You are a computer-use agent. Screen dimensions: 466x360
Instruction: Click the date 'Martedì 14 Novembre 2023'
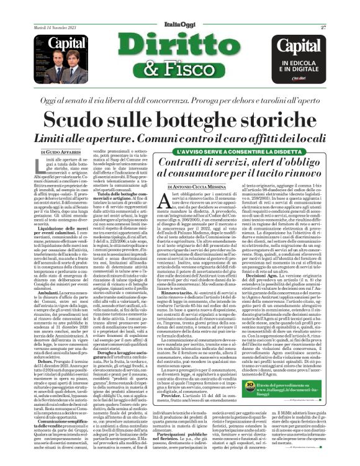coord(56,27)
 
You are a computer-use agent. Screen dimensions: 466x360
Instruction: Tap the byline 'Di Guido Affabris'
coord(61,151)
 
